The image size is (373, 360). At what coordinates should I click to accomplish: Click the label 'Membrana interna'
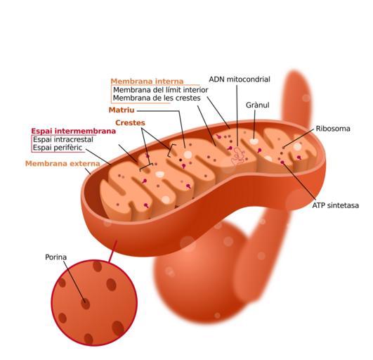coord(147,81)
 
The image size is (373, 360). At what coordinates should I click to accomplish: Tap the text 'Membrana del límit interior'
coord(161,90)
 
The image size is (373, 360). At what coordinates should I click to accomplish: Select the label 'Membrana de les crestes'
coord(157,98)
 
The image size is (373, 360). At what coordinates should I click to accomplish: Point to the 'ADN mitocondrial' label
coord(240,79)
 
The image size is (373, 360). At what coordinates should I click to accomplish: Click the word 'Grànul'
coord(257,105)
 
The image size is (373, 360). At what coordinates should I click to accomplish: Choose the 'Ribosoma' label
coord(333,129)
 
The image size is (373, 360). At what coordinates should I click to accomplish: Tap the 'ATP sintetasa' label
coord(335,205)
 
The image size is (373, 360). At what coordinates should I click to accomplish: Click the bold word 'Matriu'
coord(122,110)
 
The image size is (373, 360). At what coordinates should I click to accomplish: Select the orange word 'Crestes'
coord(130,122)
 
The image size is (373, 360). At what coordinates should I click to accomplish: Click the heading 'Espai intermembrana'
coord(74,131)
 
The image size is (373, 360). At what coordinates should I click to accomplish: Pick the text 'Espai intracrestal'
coord(63,139)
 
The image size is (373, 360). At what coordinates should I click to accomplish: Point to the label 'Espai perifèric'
coord(58,148)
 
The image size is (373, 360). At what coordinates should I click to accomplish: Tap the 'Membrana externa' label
coord(63,164)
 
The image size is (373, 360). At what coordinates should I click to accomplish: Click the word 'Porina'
coord(56,257)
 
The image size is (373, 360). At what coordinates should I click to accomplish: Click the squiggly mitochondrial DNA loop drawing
coord(238,156)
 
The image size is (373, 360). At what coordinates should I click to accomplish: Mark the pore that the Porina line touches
coord(86,304)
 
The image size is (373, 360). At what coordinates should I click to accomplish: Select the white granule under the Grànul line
coord(254,141)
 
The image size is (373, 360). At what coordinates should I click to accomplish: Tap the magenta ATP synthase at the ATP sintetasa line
coord(282,162)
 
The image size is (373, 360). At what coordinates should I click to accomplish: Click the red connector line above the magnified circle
coord(112,251)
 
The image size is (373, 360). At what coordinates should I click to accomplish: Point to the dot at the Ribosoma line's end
coord(284,148)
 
